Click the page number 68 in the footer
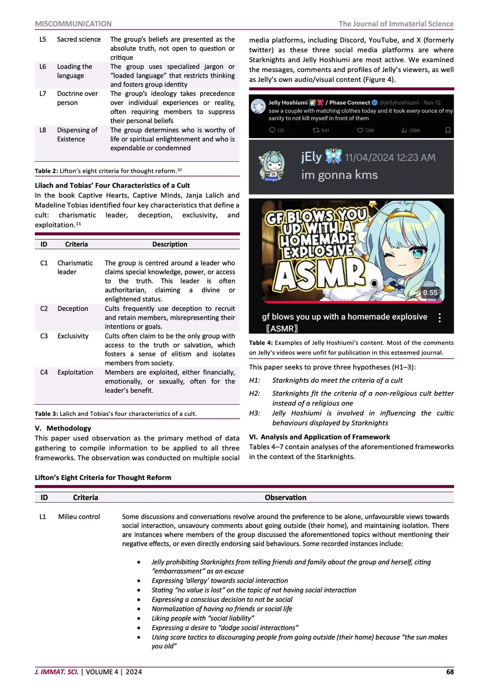(x=450, y=672)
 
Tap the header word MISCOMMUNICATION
(x=73, y=24)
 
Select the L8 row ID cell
(x=43, y=130)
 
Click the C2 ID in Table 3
(x=44, y=309)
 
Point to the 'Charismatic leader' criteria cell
(x=75, y=267)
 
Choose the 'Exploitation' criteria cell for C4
(x=75, y=373)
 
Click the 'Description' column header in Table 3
(x=169, y=244)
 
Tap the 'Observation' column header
(x=285, y=498)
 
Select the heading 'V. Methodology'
(x=63, y=428)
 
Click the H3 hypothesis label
(x=254, y=413)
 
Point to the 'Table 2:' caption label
(x=47, y=171)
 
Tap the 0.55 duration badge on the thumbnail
(x=430, y=293)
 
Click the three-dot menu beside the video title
(x=440, y=318)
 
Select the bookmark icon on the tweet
(x=448, y=131)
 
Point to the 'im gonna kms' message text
(x=339, y=175)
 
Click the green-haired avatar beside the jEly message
(x=271, y=166)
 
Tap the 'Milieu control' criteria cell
(x=79, y=517)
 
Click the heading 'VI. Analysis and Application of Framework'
(x=319, y=437)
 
